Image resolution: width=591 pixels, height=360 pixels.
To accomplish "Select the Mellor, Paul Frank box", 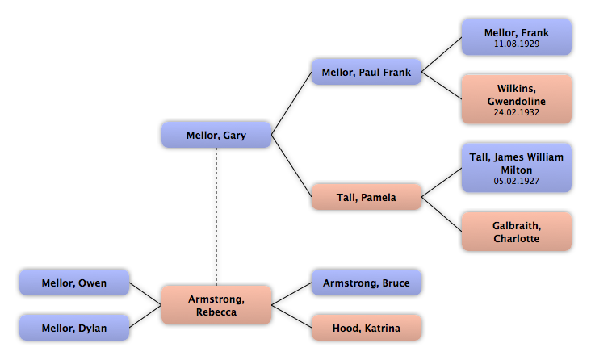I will pos(367,73).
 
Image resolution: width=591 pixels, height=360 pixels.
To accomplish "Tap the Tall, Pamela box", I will pos(367,197).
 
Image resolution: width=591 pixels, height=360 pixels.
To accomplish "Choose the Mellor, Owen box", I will pos(73,283).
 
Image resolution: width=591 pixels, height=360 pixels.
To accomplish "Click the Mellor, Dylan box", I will pos(73,329).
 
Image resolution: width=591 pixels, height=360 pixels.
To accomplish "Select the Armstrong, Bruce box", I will pos(367,283).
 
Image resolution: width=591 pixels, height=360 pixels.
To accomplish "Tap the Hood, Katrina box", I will pos(367,329).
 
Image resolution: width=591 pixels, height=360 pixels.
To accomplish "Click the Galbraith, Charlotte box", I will pos(516,232).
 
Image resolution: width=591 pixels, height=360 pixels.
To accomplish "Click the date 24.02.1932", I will pos(516,112).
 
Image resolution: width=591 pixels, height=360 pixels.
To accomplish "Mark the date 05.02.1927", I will pos(516,181).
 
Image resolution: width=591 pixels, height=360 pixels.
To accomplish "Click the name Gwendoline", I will pos(516,101).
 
